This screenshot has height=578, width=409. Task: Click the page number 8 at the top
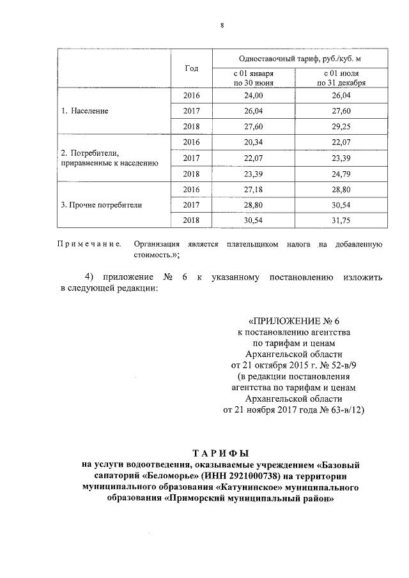222,26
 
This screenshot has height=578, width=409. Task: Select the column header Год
191,68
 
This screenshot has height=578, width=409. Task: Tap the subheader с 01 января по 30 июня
254,79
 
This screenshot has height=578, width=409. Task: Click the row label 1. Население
85,110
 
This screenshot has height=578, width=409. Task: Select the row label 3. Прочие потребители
102,205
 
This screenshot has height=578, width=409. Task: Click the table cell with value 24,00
254,95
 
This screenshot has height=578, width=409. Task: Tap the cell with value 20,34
254,142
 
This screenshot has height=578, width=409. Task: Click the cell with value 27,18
254,190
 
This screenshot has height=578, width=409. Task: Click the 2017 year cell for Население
191,110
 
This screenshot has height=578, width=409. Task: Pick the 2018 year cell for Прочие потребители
191,221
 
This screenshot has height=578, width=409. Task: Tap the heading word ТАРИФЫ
222,452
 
